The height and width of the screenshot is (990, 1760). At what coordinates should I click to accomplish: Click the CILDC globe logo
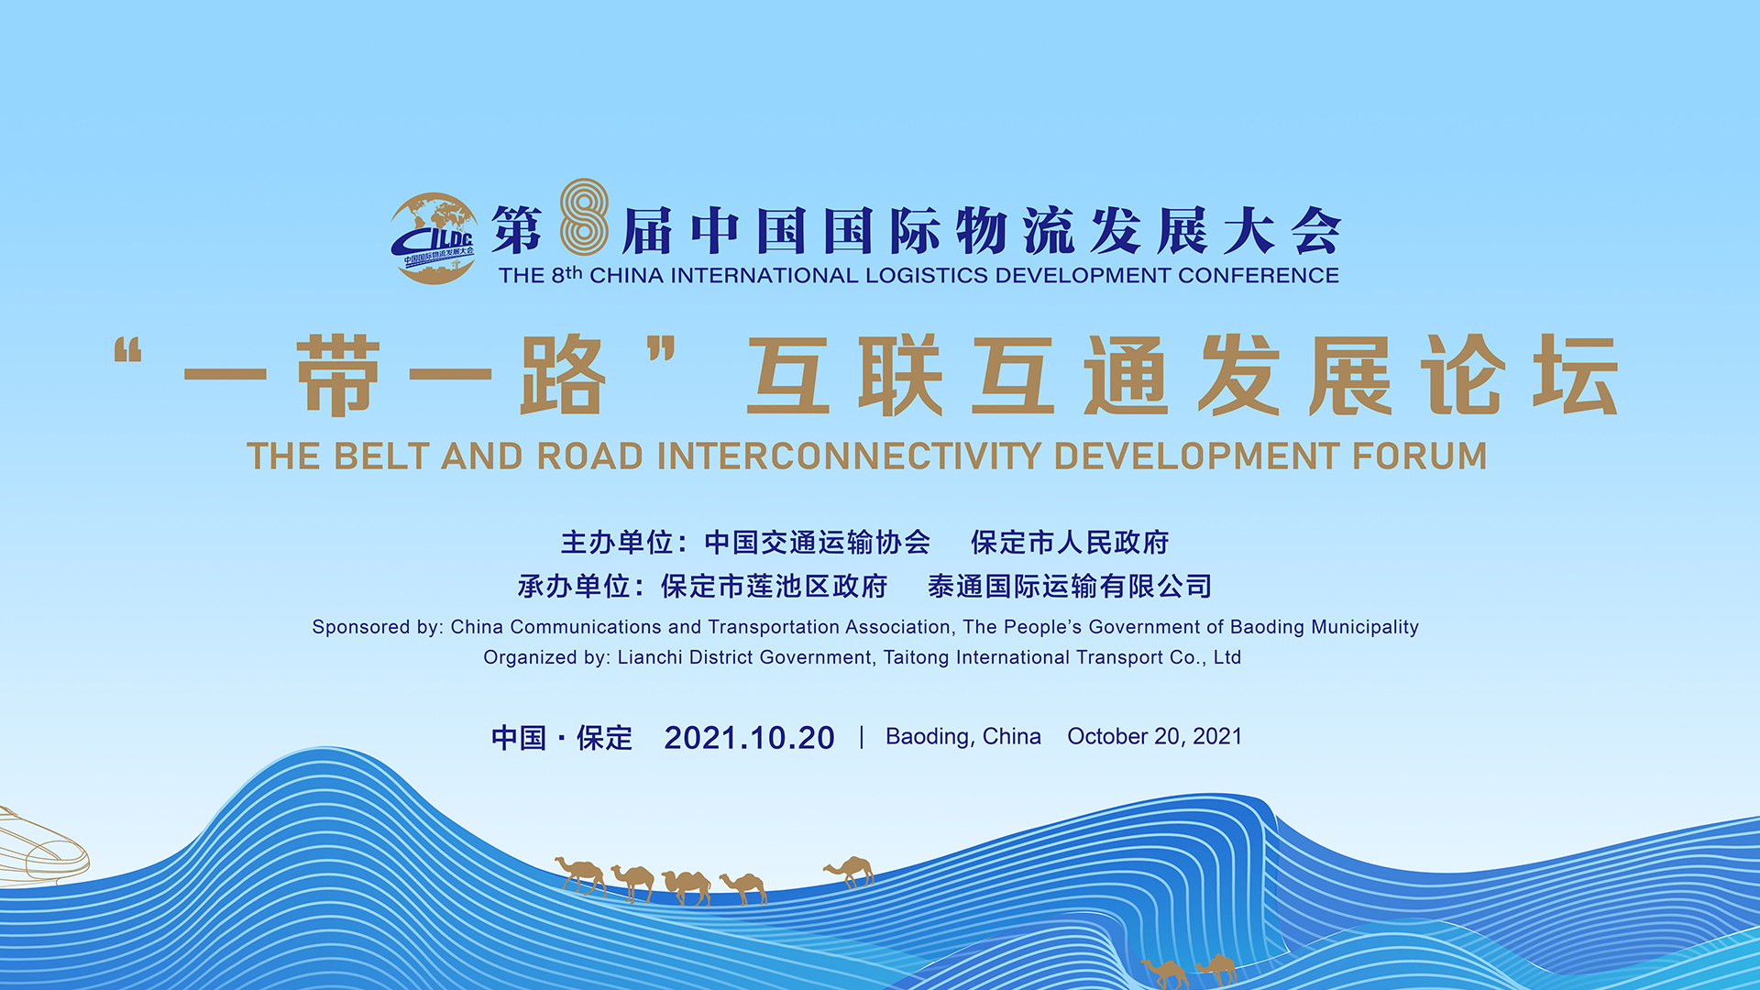pyautogui.click(x=434, y=238)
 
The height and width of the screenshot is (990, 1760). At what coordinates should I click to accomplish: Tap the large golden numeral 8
pyautogui.click(x=584, y=217)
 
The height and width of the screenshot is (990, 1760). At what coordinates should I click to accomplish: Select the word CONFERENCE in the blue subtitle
pyautogui.click(x=1259, y=276)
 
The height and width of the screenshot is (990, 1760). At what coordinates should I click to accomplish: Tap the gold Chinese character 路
pyautogui.click(x=562, y=375)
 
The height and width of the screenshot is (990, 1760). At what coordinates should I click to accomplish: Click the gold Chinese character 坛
pyautogui.click(x=1576, y=375)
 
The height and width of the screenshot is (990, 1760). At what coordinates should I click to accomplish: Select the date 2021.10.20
pyautogui.click(x=749, y=738)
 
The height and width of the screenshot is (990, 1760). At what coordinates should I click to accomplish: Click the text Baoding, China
pyautogui.click(x=963, y=737)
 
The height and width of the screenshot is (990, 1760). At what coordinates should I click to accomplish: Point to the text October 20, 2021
pyautogui.click(x=1155, y=737)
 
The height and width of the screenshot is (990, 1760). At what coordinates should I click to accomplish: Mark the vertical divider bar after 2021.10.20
pyautogui.click(x=862, y=737)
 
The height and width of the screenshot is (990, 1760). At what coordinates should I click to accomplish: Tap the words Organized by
pyautogui.click(x=546, y=657)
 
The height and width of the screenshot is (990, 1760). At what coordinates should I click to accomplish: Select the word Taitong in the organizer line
pyautogui.click(x=916, y=657)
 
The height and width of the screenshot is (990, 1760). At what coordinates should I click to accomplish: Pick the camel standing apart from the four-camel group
pyautogui.click(x=849, y=871)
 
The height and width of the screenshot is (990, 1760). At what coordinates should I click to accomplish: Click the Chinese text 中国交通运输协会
pyautogui.click(x=817, y=543)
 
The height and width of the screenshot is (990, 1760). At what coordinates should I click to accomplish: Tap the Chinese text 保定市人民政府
pyautogui.click(x=1070, y=543)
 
